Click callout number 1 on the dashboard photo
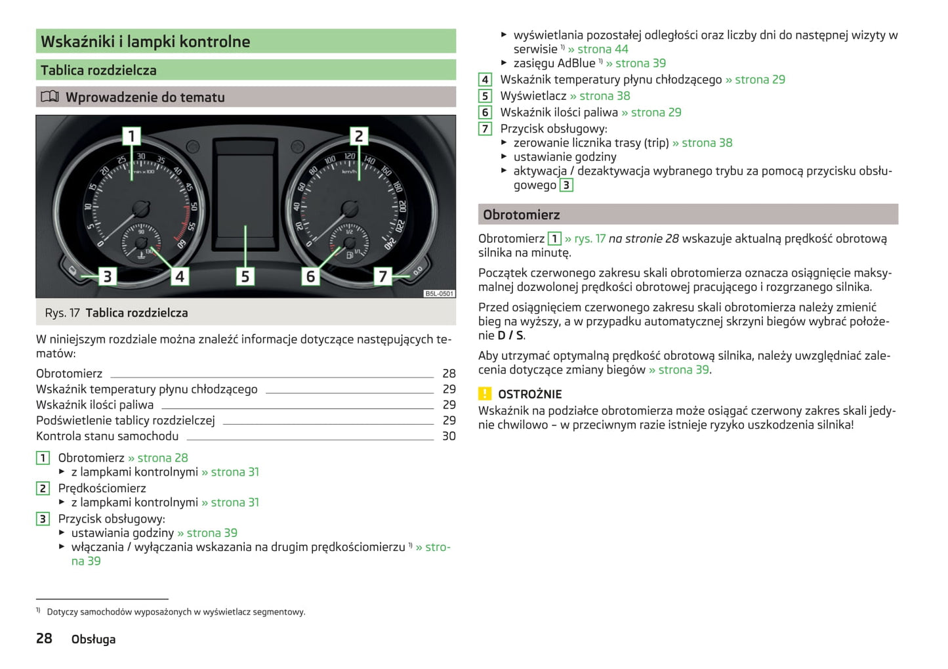point(131,136)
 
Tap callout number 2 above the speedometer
point(358,136)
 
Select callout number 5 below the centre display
point(245,276)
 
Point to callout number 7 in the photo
point(382,276)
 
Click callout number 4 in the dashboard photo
point(179,276)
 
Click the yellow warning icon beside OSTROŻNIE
point(485,394)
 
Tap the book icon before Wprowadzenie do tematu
point(50,97)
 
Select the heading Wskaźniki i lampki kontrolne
point(146,42)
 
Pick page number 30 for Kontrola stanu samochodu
point(449,436)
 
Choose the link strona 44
point(602,49)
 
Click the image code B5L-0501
point(439,293)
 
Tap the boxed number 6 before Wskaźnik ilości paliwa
point(485,113)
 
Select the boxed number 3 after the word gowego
point(566,186)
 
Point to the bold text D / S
point(510,335)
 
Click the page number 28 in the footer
point(44,638)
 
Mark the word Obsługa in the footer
point(93,639)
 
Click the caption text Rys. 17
point(62,313)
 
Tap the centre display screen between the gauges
point(245,190)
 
